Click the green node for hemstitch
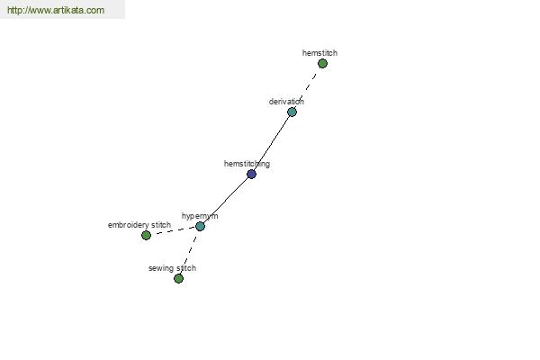[322, 63]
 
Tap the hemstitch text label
[319, 53]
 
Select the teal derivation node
[292, 112]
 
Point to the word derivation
[286, 102]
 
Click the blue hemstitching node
[251, 174]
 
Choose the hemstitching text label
[247, 164]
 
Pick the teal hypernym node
[200, 226]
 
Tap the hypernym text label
[200, 216]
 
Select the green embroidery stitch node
[146, 235]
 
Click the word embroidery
[129, 225]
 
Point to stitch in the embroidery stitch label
[161, 225]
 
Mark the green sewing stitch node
[178, 278]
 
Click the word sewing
[161, 268]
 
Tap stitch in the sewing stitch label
[186, 268]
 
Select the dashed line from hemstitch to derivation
[307, 87]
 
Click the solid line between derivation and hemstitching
[272, 143]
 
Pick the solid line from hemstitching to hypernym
[226, 200]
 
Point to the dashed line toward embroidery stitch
[173, 230]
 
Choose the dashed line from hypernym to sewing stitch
[189, 253]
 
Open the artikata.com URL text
[56, 10]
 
